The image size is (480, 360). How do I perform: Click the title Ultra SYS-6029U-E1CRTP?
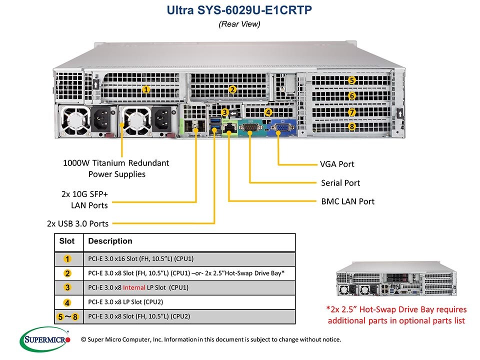[x=240, y=10]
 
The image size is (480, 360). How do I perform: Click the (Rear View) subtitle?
[x=240, y=23]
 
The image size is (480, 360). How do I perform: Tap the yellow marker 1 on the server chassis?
[x=146, y=89]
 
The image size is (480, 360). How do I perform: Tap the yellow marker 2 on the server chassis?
[x=232, y=89]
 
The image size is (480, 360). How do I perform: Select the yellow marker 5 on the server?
[x=352, y=80]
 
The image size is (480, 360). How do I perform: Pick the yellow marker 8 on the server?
[x=352, y=127]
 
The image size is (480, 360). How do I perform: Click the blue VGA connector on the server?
[x=281, y=129]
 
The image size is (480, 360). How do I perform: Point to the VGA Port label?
[x=337, y=164]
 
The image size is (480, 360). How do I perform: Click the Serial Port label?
[x=340, y=183]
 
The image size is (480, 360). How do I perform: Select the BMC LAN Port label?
[x=347, y=201]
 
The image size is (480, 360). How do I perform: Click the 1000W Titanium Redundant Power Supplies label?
[x=116, y=168]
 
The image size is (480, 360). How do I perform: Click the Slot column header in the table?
[x=67, y=241]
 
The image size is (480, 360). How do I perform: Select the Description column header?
[x=110, y=241]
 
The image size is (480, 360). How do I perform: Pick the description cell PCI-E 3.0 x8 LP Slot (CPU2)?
[x=132, y=302]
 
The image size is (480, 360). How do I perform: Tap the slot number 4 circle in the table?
[x=67, y=302]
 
